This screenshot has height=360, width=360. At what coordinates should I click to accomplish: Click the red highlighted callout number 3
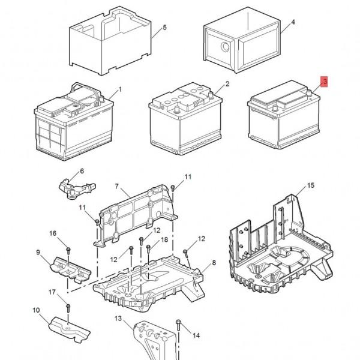click(x=325, y=82)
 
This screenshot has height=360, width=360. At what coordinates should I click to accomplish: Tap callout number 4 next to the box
click(x=293, y=23)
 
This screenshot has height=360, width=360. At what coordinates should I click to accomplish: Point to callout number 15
click(x=310, y=186)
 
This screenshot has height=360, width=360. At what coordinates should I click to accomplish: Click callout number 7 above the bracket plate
click(x=117, y=187)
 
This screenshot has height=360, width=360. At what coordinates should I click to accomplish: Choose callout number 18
click(x=164, y=240)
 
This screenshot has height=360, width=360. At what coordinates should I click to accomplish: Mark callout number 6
click(x=82, y=171)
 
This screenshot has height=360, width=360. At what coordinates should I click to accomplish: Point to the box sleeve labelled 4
click(x=240, y=42)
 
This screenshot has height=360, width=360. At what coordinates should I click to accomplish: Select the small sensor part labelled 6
click(x=76, y=184)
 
